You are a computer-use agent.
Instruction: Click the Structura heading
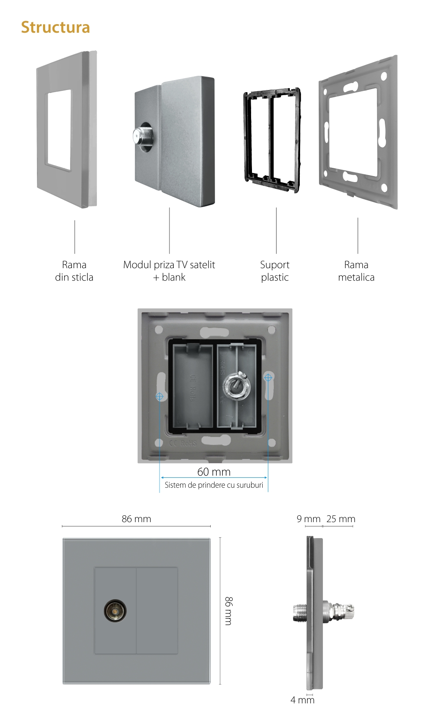coord(55,28)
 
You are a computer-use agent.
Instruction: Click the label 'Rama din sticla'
coord(74,271)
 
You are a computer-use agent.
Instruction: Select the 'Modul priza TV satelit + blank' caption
coord(169,271)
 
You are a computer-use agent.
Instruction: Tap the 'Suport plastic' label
coord(275,271)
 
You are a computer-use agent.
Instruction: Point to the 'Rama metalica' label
coord(356,271)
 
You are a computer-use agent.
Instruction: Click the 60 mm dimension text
coord(214,472)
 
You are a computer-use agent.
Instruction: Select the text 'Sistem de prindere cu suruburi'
coord(214,485)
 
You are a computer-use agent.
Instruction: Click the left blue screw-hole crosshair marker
coord(160,396)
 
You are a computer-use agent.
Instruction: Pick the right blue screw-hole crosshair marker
coord(268,378)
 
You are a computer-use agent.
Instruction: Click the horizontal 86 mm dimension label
coord(136,519)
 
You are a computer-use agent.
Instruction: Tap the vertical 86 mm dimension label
coord(229,611)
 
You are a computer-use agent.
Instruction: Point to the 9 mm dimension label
coord(308,519)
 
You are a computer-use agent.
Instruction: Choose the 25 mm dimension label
coord(341,519)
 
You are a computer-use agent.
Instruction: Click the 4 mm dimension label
coord(302,700)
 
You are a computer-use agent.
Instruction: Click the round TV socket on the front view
coord(115,610)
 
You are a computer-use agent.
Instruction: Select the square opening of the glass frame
coord(59,130)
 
